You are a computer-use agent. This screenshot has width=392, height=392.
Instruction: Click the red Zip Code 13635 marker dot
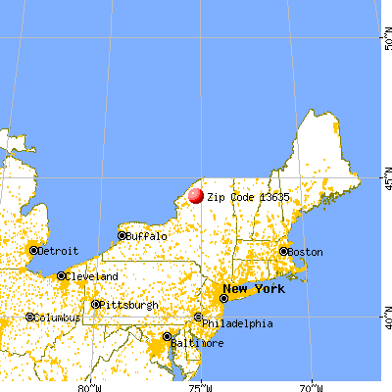[x=195, y=195]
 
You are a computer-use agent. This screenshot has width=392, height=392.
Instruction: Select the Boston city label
[x=305, y=252]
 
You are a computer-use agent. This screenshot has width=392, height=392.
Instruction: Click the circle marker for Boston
[x=284, y=251]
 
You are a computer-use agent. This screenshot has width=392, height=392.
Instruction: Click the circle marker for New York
[x=225, y=298]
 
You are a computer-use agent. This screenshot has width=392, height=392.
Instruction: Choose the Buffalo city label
[x=147, y=236]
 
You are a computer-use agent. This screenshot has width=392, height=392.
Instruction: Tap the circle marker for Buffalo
[x=122, y=235]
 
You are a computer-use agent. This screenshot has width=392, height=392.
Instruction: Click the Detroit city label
[x=59, y=251]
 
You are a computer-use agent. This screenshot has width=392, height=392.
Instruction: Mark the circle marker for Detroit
[x=33, y=251]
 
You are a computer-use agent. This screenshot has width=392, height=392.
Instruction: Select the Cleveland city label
[x=92, y=276]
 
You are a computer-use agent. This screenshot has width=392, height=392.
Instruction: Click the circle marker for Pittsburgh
[x=96, y=304]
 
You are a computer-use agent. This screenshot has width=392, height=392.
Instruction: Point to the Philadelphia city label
[x=238, y=323]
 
